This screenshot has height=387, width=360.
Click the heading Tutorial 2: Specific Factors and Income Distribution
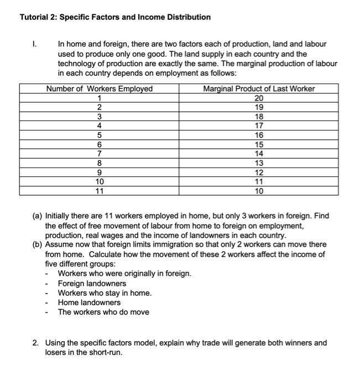115,17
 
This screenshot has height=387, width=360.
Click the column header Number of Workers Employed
100,89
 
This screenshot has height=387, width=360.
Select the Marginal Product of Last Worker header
259,89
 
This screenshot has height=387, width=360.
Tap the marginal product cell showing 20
259,98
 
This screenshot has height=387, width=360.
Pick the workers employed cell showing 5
100,135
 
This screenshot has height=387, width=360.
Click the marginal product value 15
259,145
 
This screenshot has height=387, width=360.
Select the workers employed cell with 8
100,163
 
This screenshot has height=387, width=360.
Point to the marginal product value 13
259,163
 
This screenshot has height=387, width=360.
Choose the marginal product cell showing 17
259,126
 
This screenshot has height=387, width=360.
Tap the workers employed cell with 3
100,117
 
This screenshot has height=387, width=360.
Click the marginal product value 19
259,107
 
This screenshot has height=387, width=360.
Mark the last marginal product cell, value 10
259,191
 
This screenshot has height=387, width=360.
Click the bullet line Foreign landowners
92,284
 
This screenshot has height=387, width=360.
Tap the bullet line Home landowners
89,302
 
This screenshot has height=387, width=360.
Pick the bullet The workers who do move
103,312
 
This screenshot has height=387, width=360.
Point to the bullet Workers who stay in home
105,293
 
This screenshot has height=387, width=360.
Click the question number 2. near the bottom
35,343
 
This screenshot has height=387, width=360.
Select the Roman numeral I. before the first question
35,44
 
